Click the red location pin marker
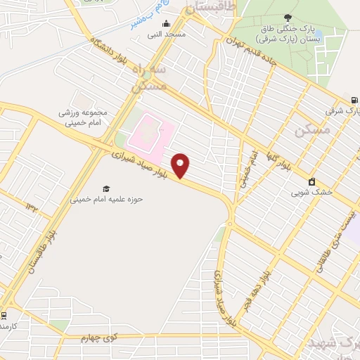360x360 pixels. pos(181,165)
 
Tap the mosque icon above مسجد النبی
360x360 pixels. pos(166,24)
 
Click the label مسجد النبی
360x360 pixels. pos(169,34)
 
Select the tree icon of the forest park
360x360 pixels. pos(288,18)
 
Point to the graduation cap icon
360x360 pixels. pos(106,188)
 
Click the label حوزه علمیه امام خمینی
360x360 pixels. pos(106,199)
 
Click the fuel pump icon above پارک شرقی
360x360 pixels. pos(354,100)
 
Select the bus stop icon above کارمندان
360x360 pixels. pos(4,314)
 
